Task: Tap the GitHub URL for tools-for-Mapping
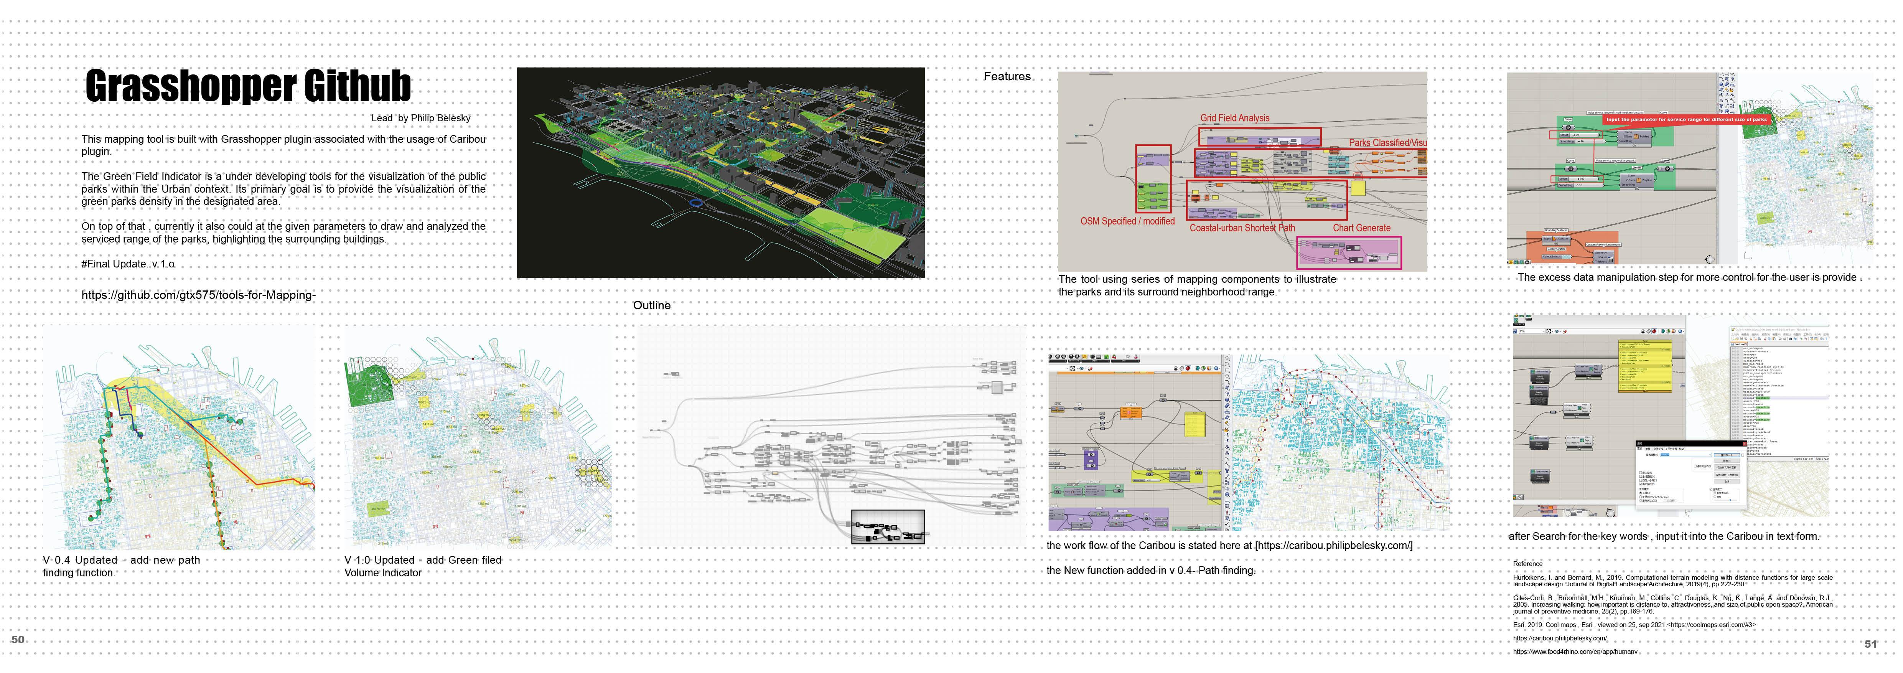click(x=198, y=295)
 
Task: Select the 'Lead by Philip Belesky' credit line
click(x=420, y=118)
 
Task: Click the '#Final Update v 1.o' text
click(x=128, y=264)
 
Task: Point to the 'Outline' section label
click(x=652, y=305)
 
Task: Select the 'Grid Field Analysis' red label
click(x=1234, y=118)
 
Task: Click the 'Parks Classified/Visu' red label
click(x=1387, y=143)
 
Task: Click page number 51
click(x=1870, y=644)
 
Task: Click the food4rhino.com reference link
click(x=1574, y=652)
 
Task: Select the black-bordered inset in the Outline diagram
click(x=887, y=527)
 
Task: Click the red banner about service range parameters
click(x=1686, y=119)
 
